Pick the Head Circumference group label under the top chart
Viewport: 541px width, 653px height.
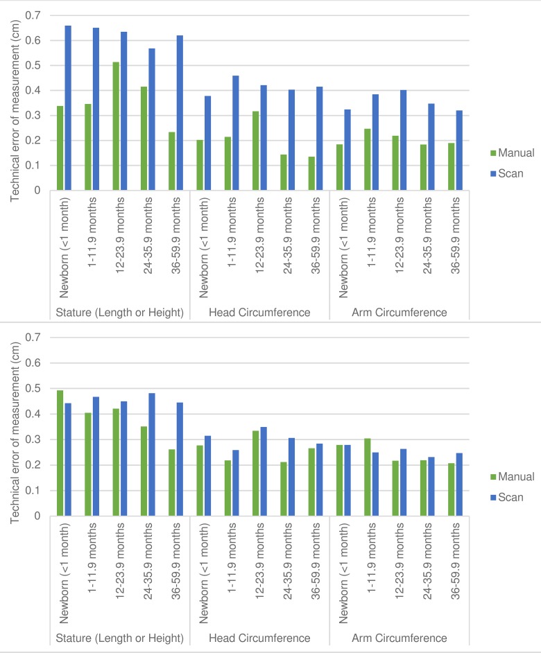(x=259, y=312)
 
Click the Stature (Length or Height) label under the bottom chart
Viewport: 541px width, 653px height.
(x=120, y=638)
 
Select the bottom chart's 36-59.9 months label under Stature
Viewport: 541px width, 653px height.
(x=179, y=568)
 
